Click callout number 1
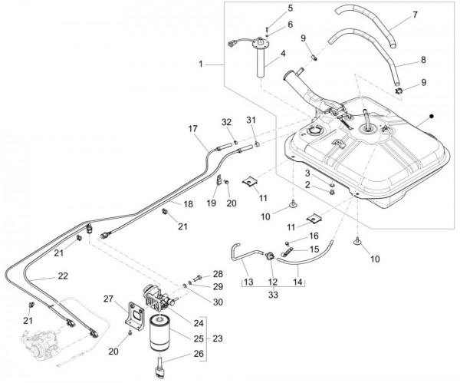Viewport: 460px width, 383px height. pos(200,64)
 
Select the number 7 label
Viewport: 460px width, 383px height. pos(414,15)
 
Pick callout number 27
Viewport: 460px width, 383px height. pos(108,299)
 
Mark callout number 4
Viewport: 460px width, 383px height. pos(282,54)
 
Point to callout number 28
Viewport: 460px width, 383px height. pos(218,274)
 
